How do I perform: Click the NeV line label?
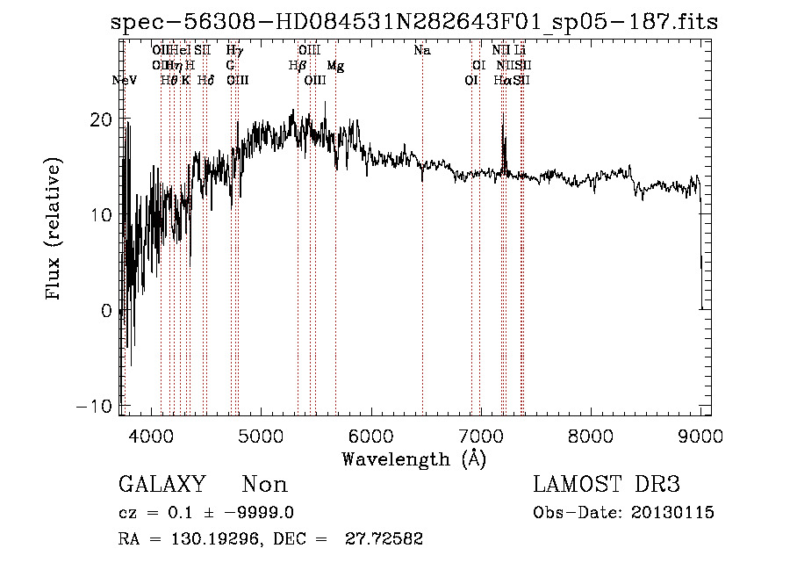click(125, 80)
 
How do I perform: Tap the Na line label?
click(422, 51)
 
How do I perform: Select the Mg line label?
click(335, 66)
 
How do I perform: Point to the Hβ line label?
click(297, 65)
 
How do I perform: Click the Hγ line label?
click(233, 51)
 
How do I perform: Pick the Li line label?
click(520, 51)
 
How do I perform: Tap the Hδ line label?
click(205, 80)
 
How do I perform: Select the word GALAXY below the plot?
click(162, 485)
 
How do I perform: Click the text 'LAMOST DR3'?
click(607, 485)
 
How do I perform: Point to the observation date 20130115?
click(672, 513)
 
